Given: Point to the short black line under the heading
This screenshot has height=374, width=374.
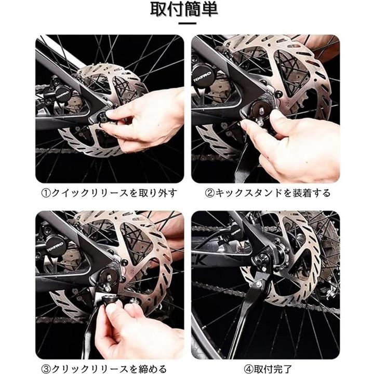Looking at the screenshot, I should (x=187, y=23).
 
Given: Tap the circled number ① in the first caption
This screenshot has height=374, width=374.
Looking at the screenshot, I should (x=47, y=193).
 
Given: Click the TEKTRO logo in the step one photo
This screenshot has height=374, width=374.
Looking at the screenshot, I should (x=62, y=96).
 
